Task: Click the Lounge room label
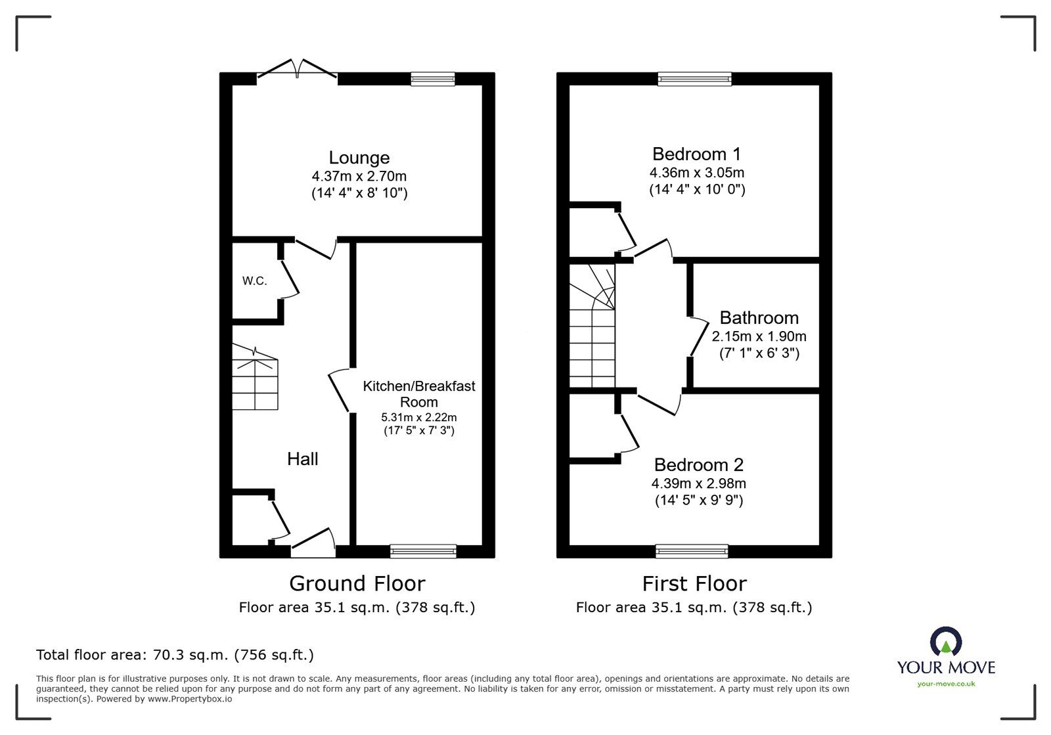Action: click(359, 158)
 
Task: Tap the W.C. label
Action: click(254, 281)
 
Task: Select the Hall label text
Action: click(303, 458)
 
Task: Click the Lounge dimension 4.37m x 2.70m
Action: click(359, 176)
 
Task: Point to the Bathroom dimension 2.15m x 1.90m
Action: click(759, 336)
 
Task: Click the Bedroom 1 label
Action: click(696, 154)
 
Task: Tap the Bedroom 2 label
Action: click(698, 465)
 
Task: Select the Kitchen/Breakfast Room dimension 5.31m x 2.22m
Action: click(418, 417)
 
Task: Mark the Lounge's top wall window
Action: click(433, 79)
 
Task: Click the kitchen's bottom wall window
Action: click(423, 551)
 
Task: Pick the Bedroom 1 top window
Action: click(695, 79)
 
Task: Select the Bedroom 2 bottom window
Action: click(692, 551)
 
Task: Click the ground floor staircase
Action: click(255, 381)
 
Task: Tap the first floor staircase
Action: click(592, 328)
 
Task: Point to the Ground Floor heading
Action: click(357, 583)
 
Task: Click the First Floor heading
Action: click(694, 583)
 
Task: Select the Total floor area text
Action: click(175, 655)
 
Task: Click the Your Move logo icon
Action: click(945, 642)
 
